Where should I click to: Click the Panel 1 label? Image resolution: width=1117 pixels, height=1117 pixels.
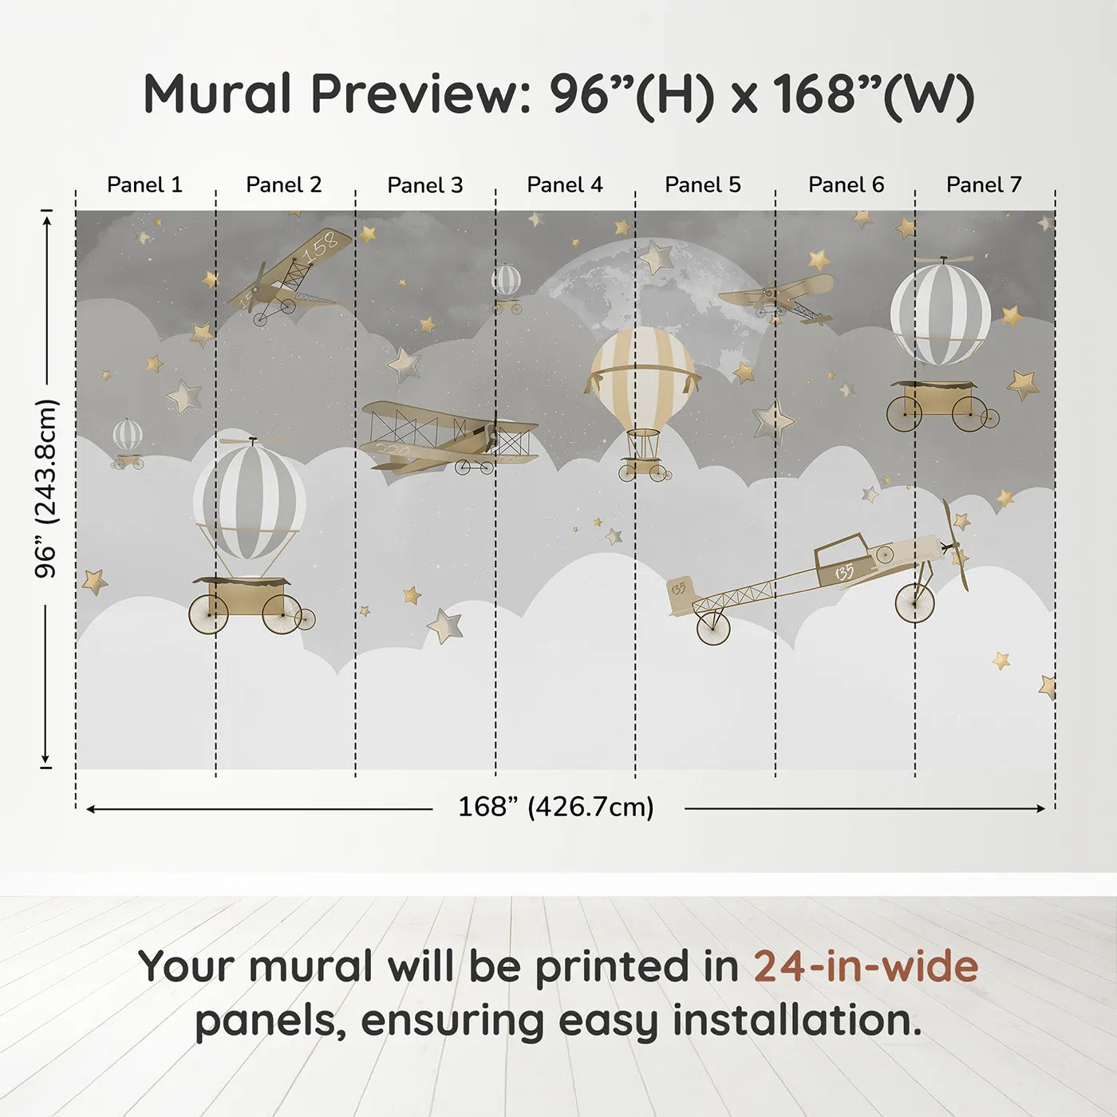click(x=144, y=185)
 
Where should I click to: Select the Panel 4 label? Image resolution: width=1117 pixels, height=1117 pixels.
click(x=565, y=185)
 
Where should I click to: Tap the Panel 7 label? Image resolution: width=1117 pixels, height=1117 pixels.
click(x=984, y=185)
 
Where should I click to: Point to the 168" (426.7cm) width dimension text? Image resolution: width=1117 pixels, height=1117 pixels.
click(x=556, y=807)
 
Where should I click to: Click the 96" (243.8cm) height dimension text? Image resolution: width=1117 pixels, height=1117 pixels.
click(x=46, y=488)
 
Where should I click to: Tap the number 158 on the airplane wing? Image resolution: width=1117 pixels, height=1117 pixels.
click(x=321, y=246)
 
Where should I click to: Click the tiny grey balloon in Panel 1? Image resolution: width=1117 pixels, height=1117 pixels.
click(x=128, y=444)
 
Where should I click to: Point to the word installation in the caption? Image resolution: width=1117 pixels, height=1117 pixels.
click(x=798, y=1023)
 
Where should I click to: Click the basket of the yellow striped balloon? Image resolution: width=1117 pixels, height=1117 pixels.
click(x=643, y=465)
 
